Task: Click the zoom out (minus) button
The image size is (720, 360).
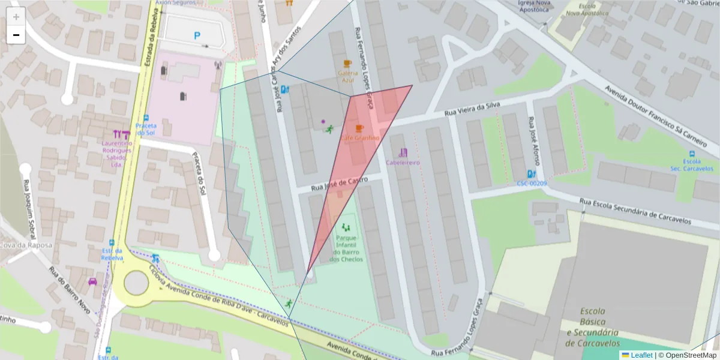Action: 16,35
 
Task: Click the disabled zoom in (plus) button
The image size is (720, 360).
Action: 16,17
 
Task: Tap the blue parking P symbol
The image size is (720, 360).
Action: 197,36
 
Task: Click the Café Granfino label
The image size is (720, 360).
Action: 360,138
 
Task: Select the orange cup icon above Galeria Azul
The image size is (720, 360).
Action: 347,63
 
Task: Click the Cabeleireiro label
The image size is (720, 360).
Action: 403,163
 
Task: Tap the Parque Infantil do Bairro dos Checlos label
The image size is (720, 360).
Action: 346,248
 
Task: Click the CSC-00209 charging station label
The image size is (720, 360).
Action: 532,183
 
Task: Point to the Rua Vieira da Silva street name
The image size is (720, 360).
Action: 472,109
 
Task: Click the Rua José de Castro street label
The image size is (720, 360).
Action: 339,184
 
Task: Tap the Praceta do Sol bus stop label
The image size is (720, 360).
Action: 146,129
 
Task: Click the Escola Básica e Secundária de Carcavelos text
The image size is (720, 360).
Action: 593,327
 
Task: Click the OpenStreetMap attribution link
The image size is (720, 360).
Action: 689,355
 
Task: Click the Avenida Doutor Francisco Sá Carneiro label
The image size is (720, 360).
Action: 654,112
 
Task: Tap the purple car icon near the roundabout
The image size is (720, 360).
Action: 92,281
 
